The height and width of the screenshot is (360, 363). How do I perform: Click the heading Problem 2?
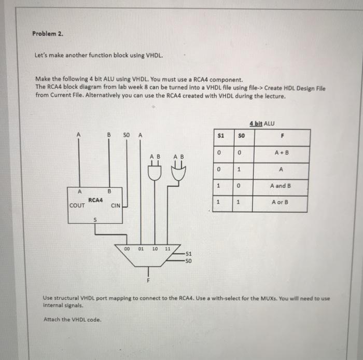click(47, 34)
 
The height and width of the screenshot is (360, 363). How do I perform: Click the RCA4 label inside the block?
click(95, 199)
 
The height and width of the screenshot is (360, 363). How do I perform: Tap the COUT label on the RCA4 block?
click(78, 205)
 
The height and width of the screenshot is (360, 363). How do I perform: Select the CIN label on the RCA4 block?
click(115, 205)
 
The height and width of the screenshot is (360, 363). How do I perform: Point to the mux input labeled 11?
click(167, 249)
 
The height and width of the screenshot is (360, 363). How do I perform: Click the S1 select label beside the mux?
click(188, 254)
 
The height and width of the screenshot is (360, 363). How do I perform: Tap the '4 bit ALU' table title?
click(262, 123)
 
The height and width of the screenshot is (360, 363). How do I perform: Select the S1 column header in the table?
click(220, 136)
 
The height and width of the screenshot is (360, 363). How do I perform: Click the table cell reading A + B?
click(281, 153)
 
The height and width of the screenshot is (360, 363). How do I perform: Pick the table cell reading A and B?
click(281, 185)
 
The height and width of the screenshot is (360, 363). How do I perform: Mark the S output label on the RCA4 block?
click(94, 219)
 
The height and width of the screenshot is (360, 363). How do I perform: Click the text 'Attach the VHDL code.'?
click(73, 319)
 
